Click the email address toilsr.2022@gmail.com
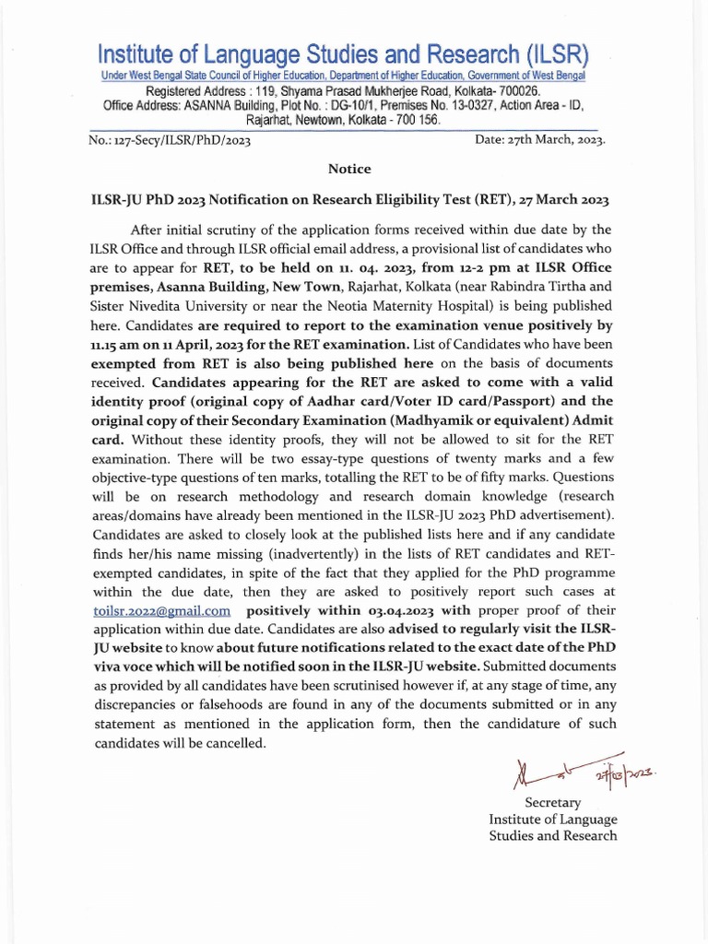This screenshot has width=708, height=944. point(161,610)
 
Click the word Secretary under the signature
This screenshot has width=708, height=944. point(552,803)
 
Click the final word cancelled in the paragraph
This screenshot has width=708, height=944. point(235,742)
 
